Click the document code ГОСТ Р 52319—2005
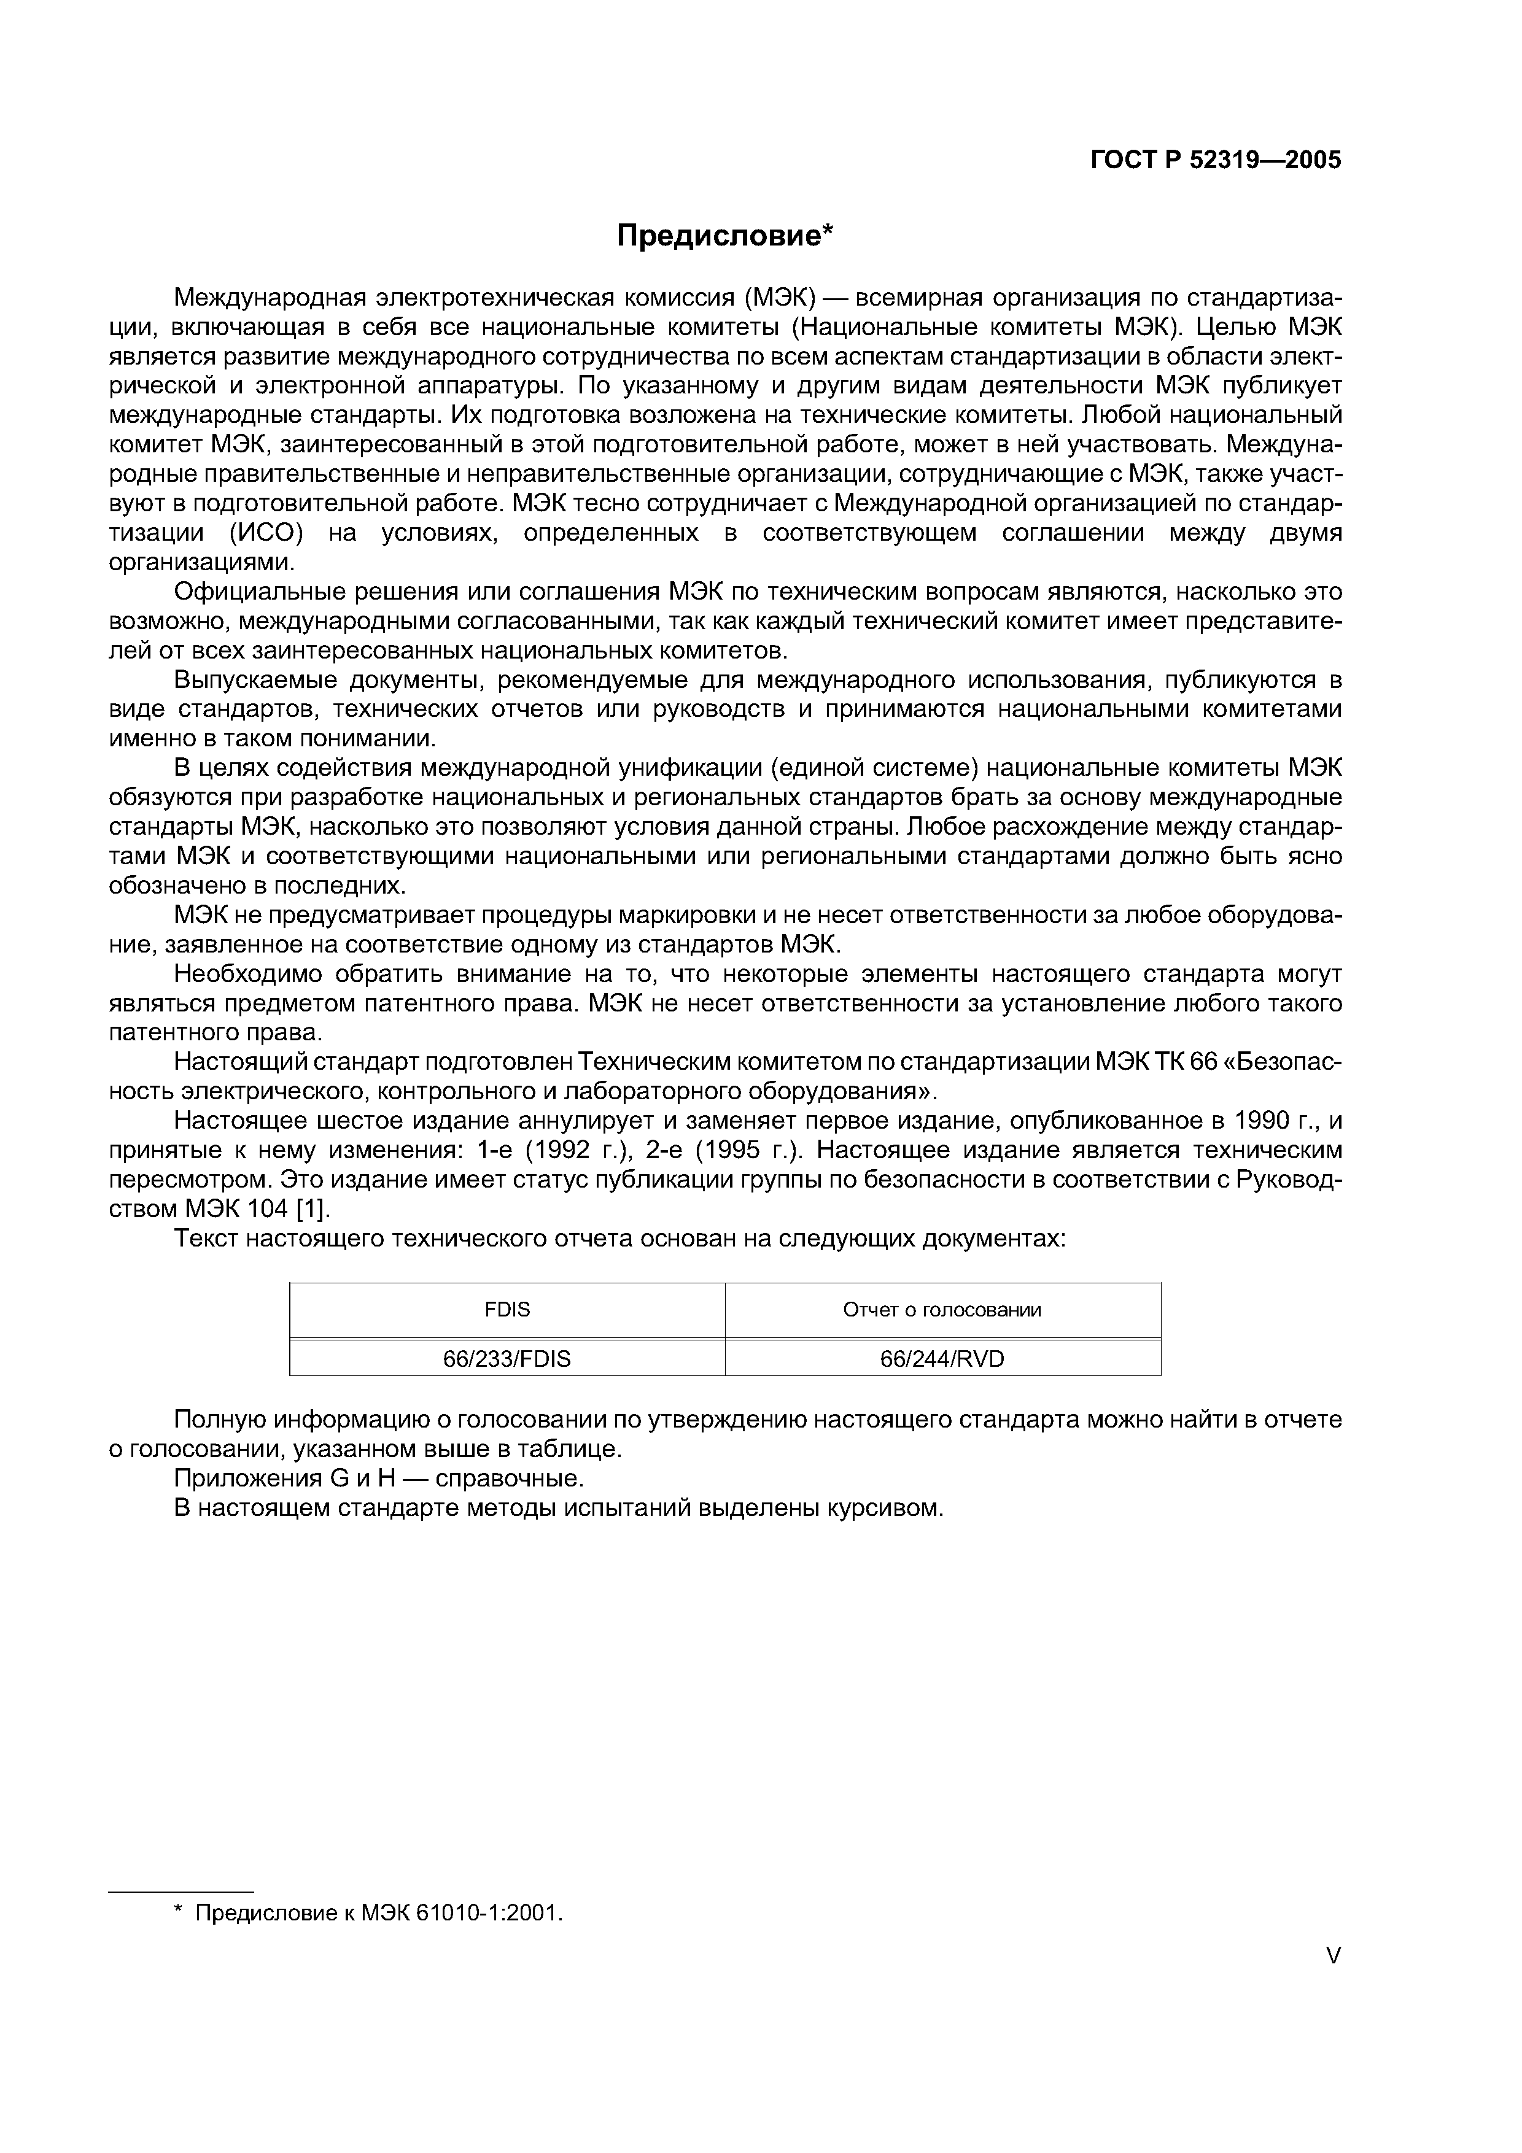(1216, 160)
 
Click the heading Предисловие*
(724, 235)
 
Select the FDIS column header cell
(507, 1310)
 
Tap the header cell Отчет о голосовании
(942, 1310)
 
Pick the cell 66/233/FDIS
(507, 1359)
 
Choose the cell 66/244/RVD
(942, 1359)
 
